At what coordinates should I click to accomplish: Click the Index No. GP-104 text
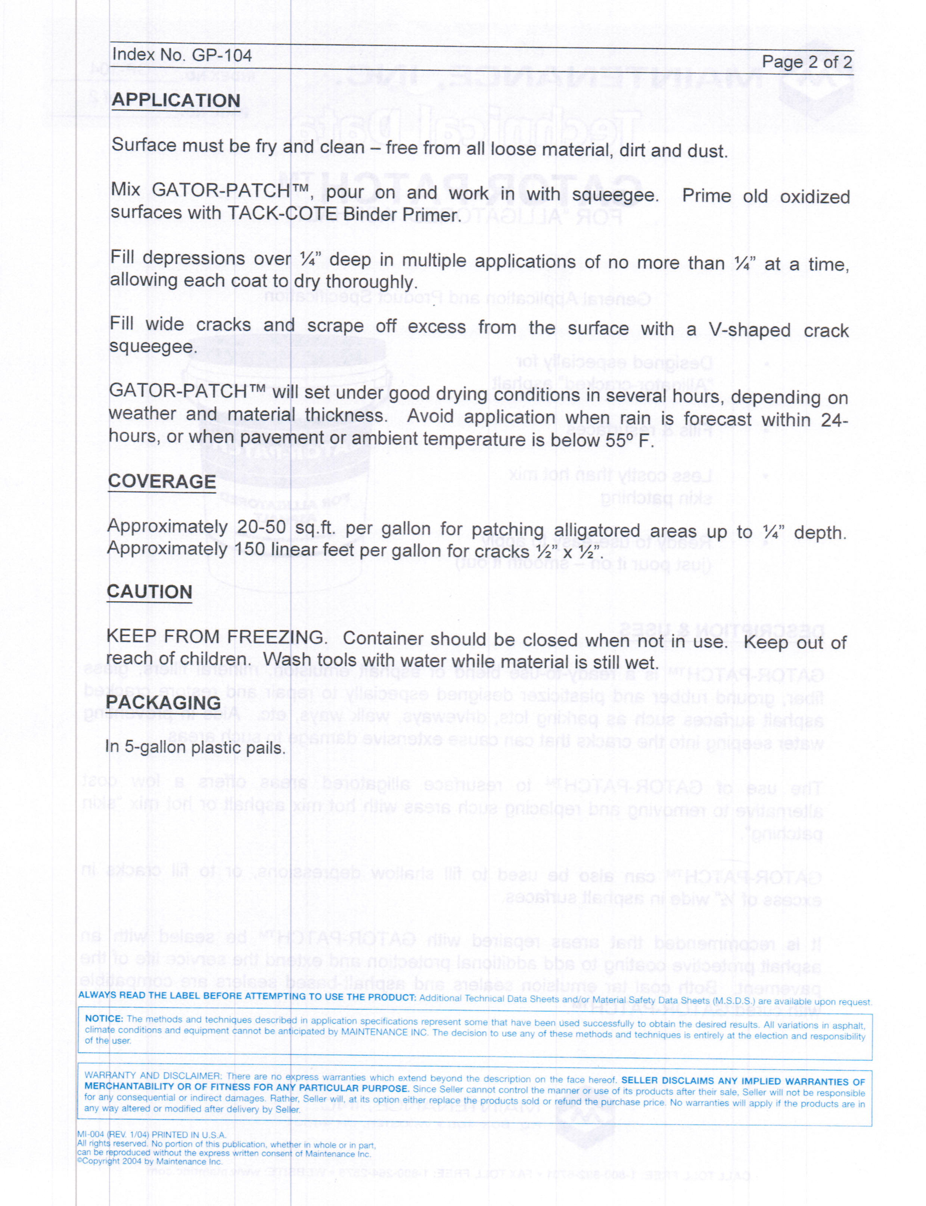tap(181, 55)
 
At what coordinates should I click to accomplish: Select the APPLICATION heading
tap(176, 100)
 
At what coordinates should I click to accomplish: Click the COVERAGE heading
tap(162, 481)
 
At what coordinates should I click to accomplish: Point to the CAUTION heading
tap(149, 592)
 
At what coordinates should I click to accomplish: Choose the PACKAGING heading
tap(163, 703)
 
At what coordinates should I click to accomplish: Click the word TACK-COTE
tap(282, 214)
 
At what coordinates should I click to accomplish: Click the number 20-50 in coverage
tap(261, 527)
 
